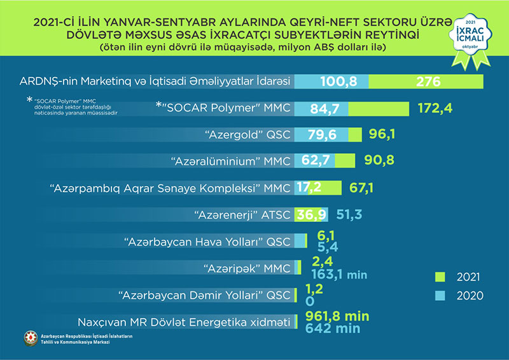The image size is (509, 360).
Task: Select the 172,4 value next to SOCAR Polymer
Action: click(435, 109)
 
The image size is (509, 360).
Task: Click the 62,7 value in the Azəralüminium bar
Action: click(316, 162)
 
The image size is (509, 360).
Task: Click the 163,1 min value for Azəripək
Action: click(338, 274)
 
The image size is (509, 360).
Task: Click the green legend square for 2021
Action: click(440, 277)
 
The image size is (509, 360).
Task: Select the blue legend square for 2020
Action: click(440, 295)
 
